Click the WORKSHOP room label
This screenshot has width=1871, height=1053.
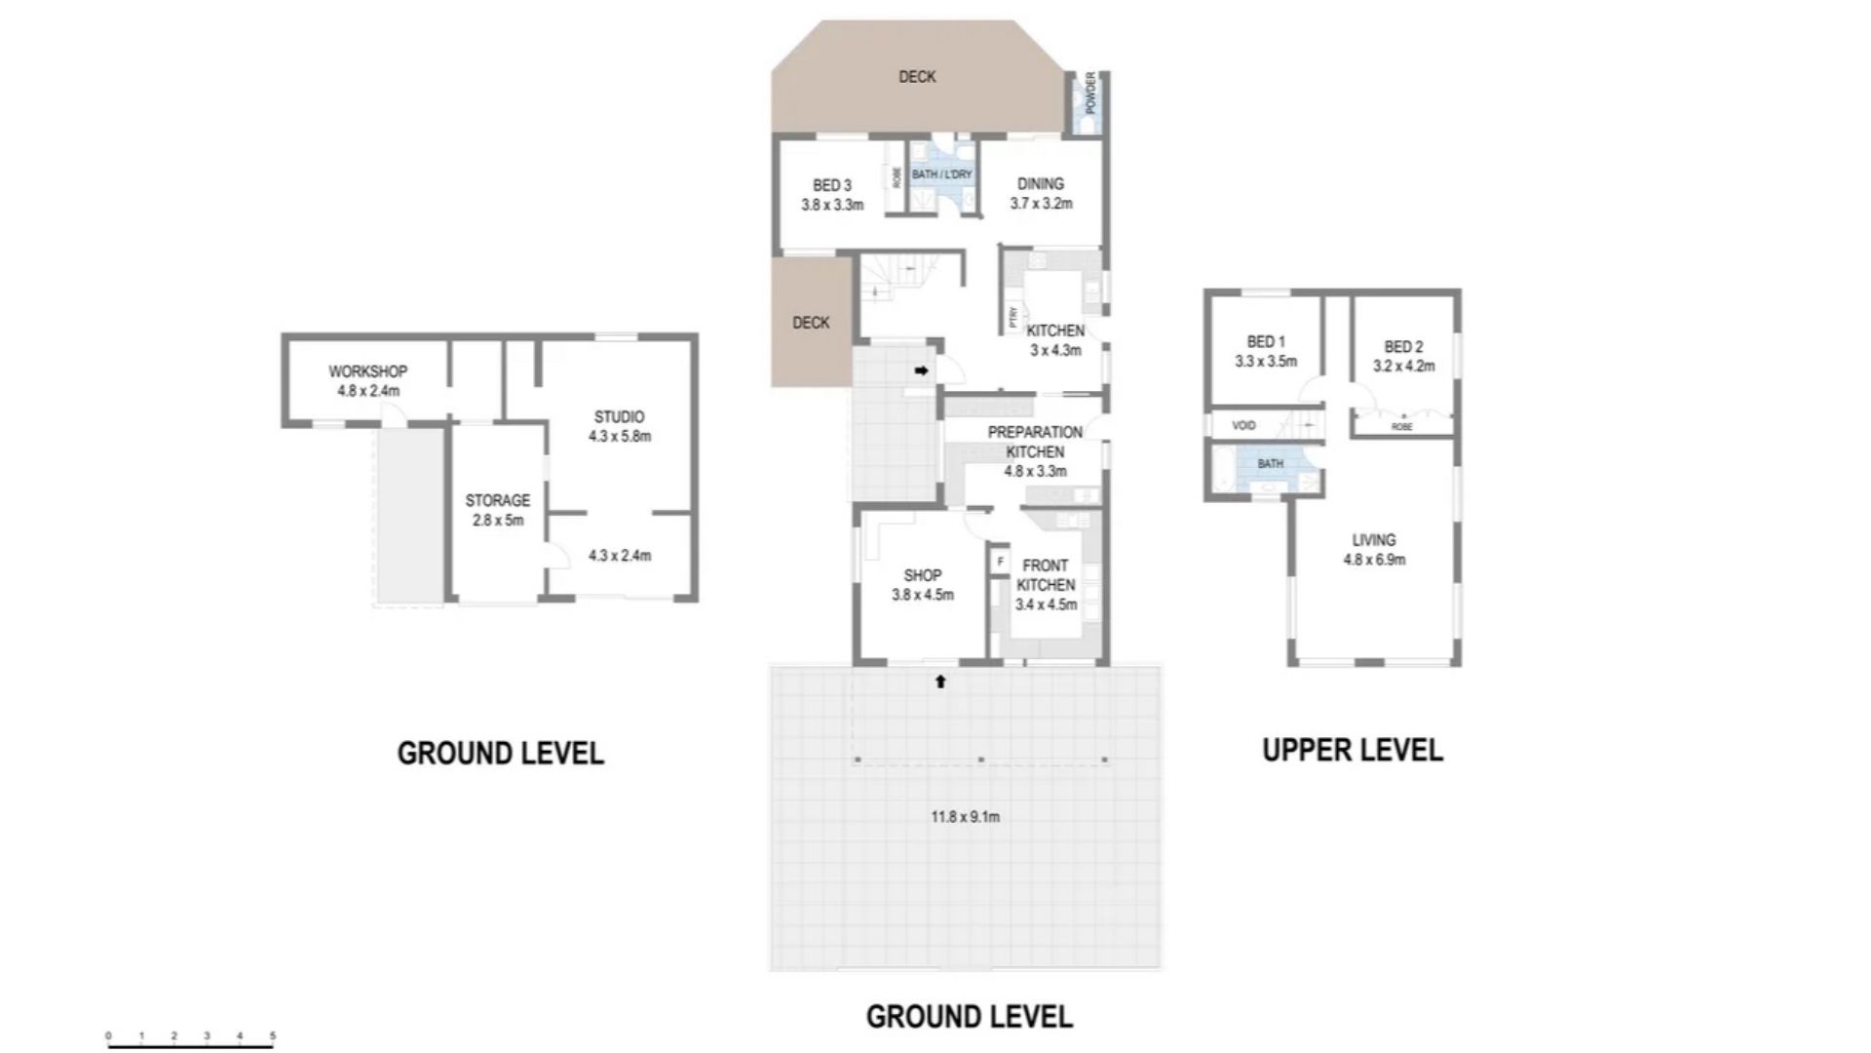pos(367,371)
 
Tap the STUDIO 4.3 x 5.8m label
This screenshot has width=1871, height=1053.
pos(619,426)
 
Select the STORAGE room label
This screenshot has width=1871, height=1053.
pos(497,500)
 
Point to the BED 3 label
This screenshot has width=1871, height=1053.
pos(832,185)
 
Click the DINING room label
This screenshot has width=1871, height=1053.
pos(1041,183)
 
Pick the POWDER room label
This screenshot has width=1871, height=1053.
pos(1090,93)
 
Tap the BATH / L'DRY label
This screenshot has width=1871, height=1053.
pos(941,175)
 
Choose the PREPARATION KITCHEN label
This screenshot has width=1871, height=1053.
pos(1035,442)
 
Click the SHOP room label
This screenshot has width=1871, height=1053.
pos(922,575)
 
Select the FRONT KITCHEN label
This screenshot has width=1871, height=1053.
pos(1046,575)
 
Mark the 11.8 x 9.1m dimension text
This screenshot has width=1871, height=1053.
pos(965,817)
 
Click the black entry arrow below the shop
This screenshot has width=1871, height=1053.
pos(940,682)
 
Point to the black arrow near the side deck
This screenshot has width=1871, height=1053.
pos(921,370)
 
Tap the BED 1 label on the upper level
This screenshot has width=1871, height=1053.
pos(1266,342)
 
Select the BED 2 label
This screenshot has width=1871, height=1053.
pos(1403,347)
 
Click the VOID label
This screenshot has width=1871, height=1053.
pos(1243,426)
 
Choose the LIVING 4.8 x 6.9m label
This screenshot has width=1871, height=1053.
pos(1374,550)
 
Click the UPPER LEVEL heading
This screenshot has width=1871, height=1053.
pos(1353,750)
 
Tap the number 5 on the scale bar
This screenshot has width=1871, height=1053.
pos(273,1036)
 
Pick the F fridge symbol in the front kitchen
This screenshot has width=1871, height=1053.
pos(1000,563)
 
